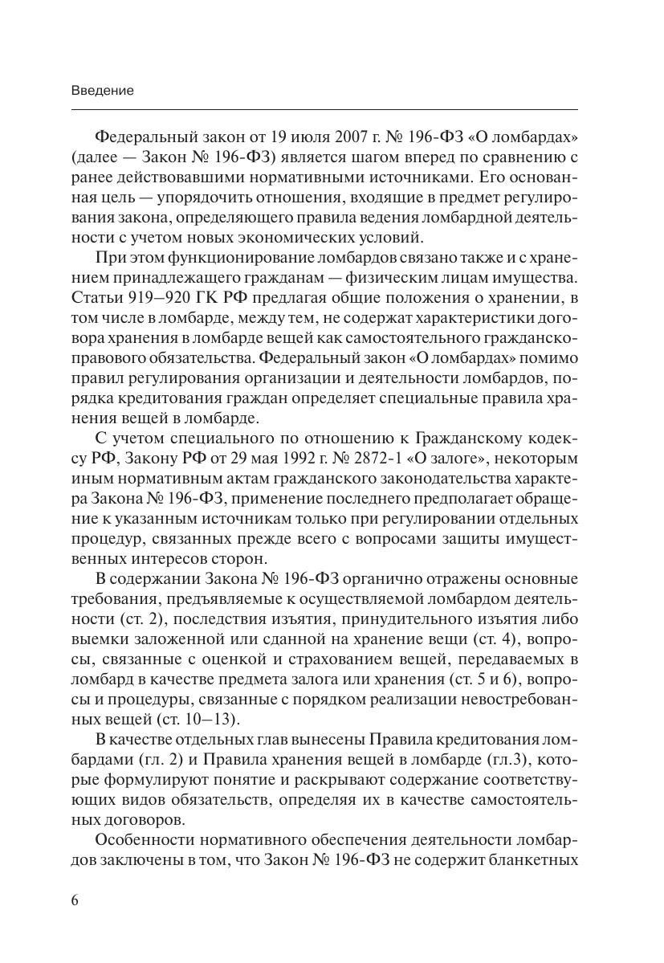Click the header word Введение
pyautogui.click(x=102, y=91)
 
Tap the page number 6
pyautogui.click(x=75, y=899)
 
